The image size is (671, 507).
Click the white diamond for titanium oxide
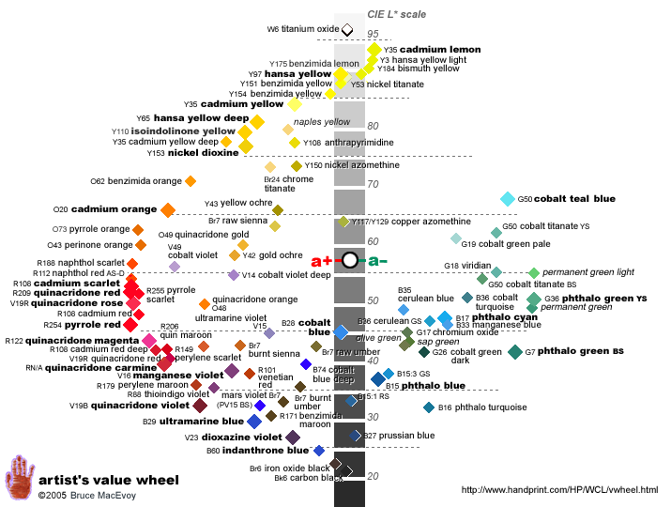(347, 30)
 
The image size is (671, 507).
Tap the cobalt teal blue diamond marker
(508, 199)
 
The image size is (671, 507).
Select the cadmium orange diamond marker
(168, 209)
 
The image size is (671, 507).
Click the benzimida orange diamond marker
(191, 180)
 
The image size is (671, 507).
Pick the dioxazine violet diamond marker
(293, 438)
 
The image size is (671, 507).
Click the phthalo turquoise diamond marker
(429, 407)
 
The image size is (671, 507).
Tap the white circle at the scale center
(350, 260)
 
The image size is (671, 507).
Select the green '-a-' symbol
(377, 260)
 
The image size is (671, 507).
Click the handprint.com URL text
(560, 490)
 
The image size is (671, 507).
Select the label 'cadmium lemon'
(447, 49)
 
